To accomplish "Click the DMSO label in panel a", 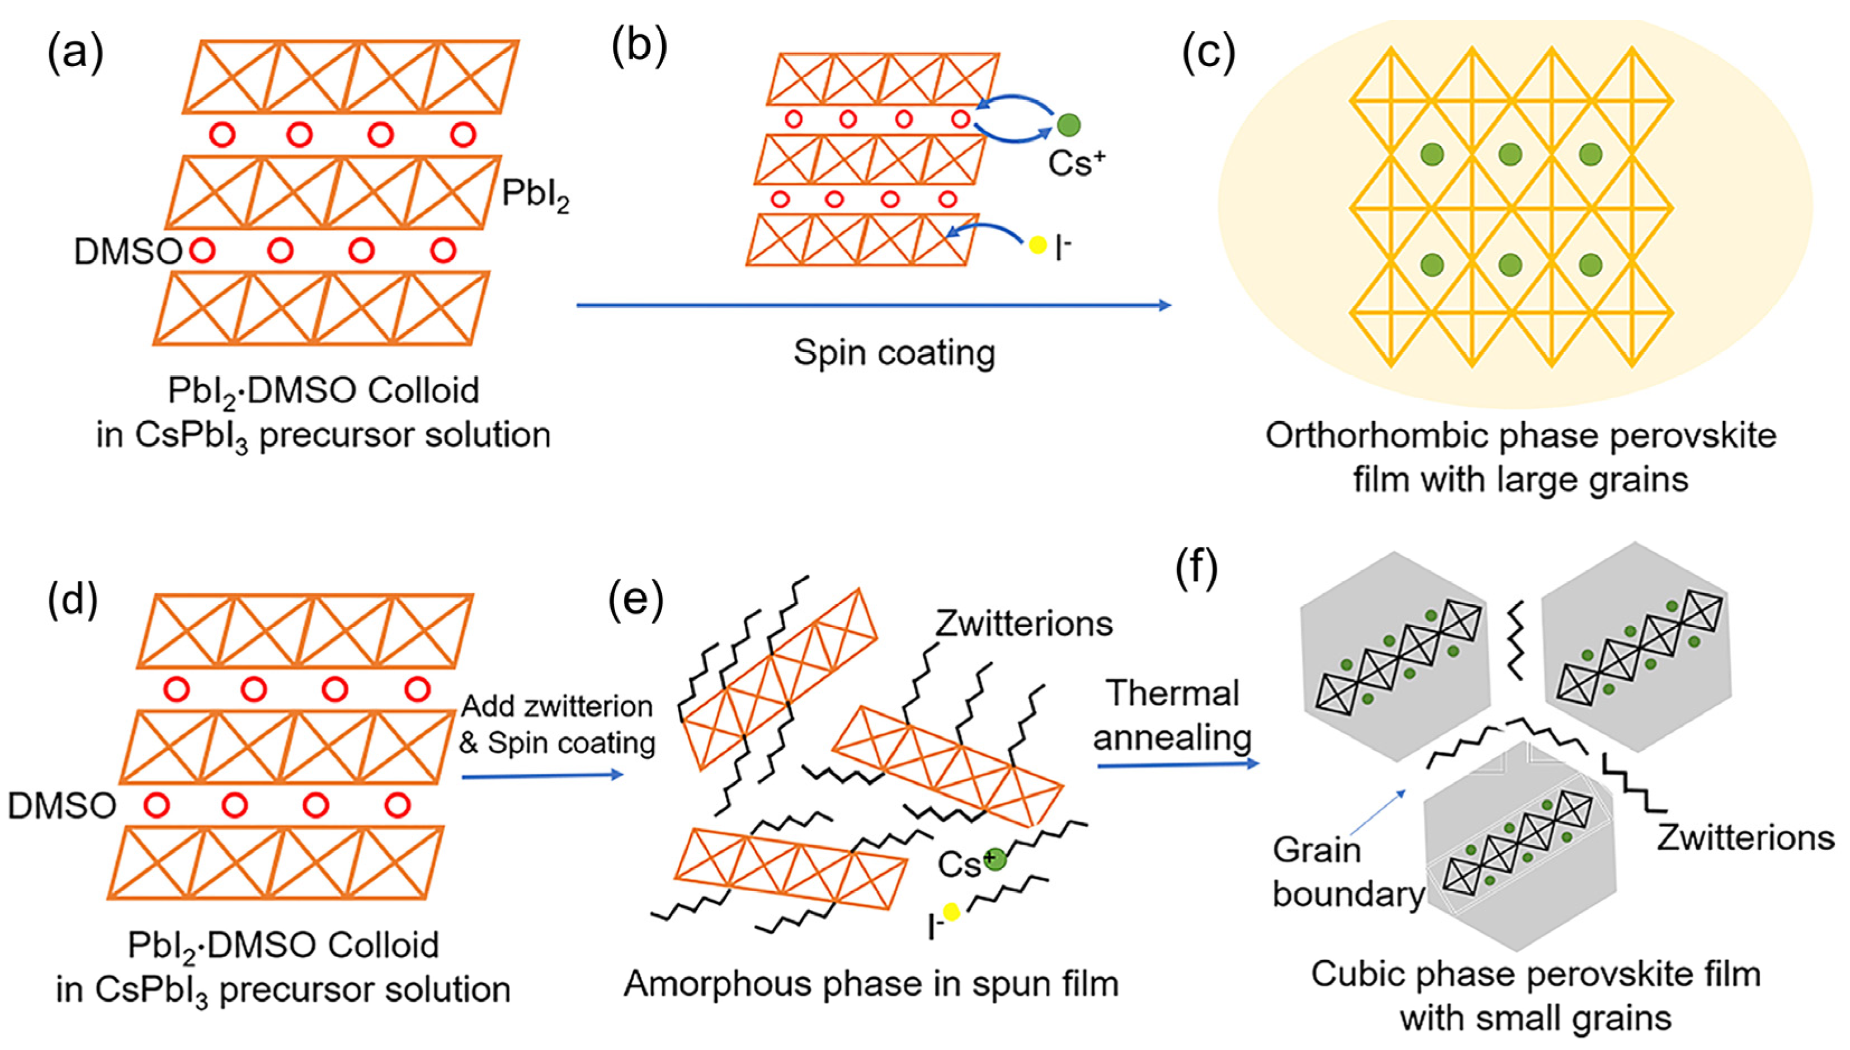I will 128,252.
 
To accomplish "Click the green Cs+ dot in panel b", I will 1068,125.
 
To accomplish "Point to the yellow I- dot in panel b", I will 1037,245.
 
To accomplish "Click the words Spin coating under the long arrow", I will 894,353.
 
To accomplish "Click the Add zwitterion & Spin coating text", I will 557,724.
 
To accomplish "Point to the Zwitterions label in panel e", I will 1023,623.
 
